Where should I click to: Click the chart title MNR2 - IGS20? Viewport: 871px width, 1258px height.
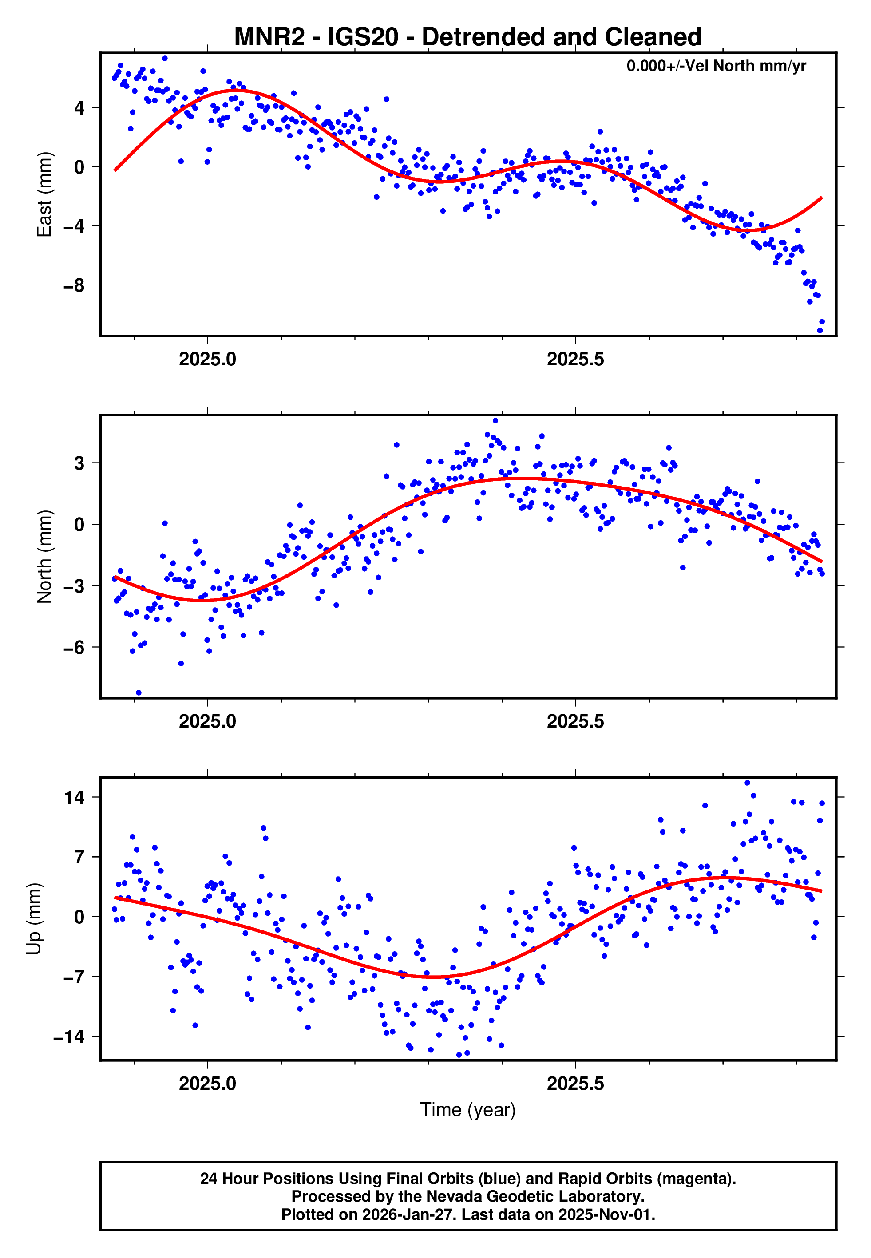(x=468, y=36)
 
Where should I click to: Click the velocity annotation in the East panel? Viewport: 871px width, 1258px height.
(x=716, y=66)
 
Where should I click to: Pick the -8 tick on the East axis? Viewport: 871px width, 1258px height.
(x=74, y=285)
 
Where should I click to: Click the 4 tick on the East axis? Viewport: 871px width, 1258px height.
(x=79, y=107)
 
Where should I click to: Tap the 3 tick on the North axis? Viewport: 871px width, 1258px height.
(x=79, y=463)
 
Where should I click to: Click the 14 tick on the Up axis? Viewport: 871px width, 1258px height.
(x=75, y=797)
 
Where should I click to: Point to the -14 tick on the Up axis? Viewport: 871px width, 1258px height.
(x=69, y=1036)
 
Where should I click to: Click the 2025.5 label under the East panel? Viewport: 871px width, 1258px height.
(x=575, y=360)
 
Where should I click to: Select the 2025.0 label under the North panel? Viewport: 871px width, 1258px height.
(x=207, y=721)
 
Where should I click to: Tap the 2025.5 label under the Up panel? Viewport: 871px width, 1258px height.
(x=575, y=1083)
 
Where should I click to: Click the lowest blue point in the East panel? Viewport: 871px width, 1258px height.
(x=819, y=330)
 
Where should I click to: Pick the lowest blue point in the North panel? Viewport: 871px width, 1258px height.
(x=139, y=692)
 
